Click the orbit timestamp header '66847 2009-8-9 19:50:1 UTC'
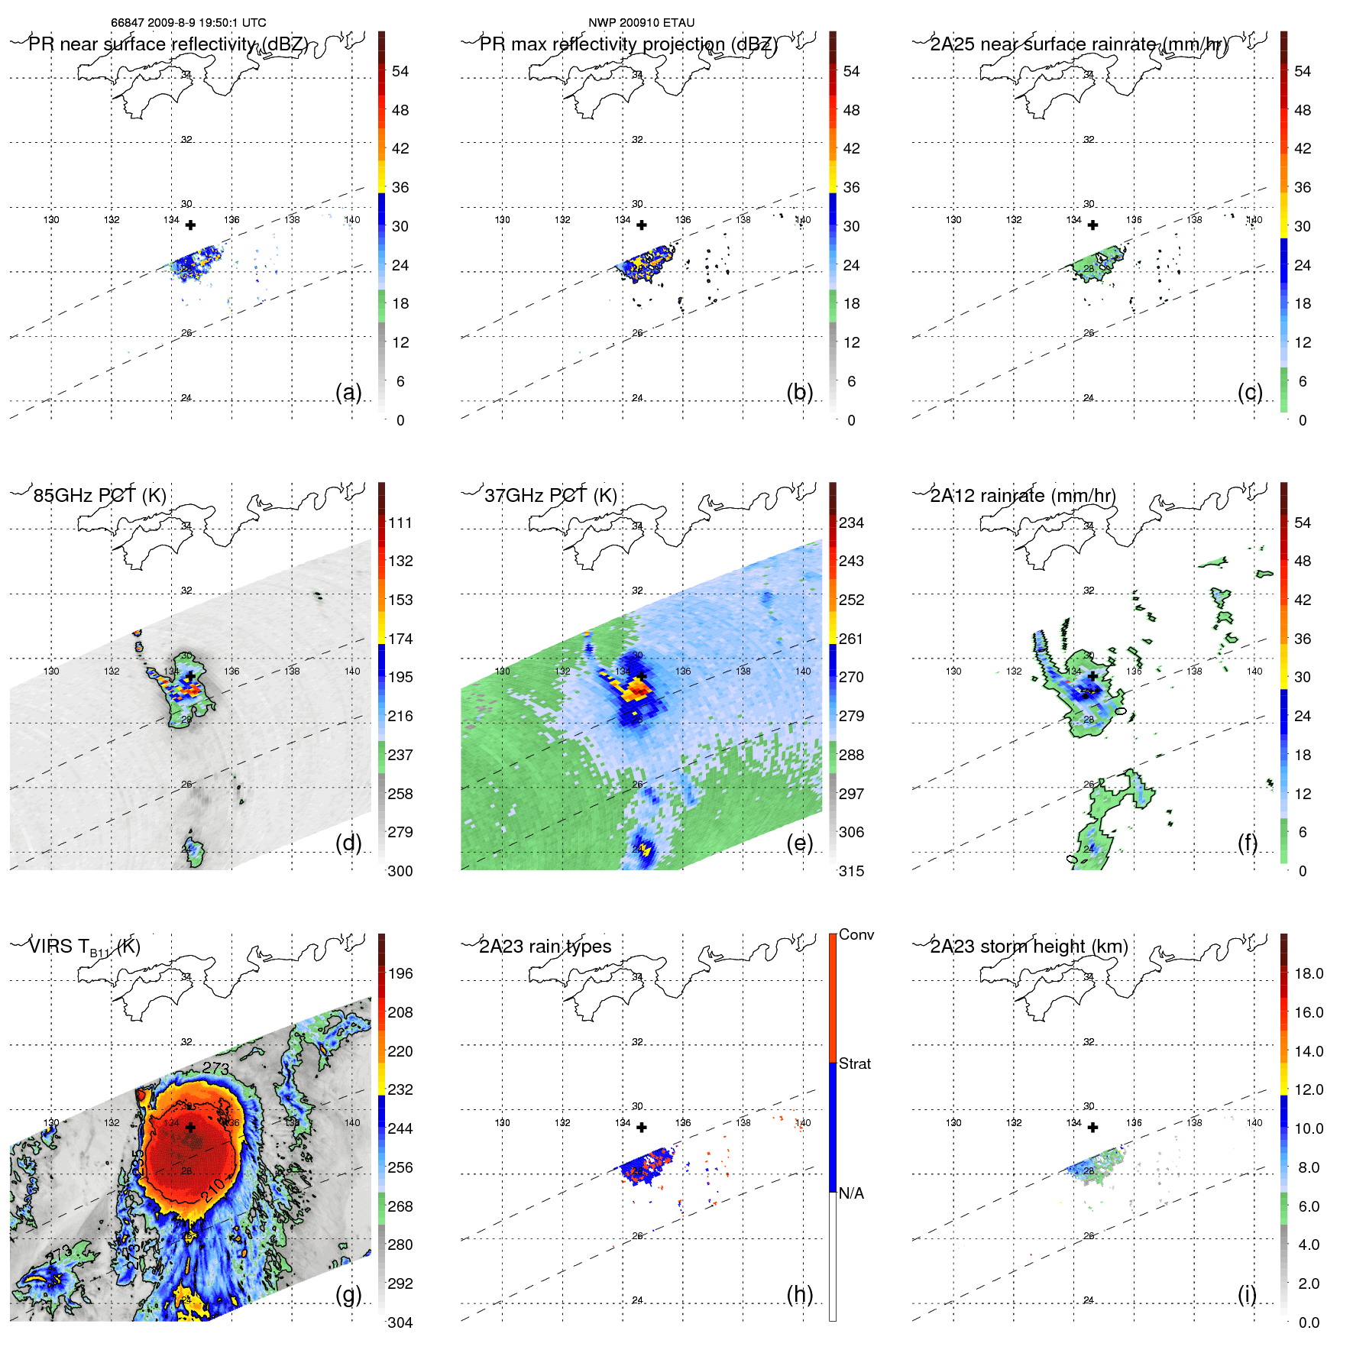coord(189,23)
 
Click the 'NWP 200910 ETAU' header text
coord(641,23)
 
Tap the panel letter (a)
coord(348,392)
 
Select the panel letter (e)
coord(800,843)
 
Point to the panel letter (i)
coord(1247,1294)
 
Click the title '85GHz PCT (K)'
coord(100,495)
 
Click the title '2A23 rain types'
coord(545,947)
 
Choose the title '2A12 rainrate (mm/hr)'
coord(1023,495)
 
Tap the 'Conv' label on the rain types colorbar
coord(856,934)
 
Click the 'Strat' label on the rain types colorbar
coord(854,1063)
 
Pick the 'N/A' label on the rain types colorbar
coord(851,1193)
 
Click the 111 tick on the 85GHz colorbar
coord(400,523)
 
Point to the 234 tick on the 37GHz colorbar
coord(851,523)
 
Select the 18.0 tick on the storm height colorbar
coord(1309,973)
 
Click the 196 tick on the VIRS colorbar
coord(400,973)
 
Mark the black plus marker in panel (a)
coord(190,225)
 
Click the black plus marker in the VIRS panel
coord(190,1127)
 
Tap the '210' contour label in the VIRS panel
coord(214,1189)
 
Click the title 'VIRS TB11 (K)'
coord(85,947)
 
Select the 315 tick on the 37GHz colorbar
coord(851,871)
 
